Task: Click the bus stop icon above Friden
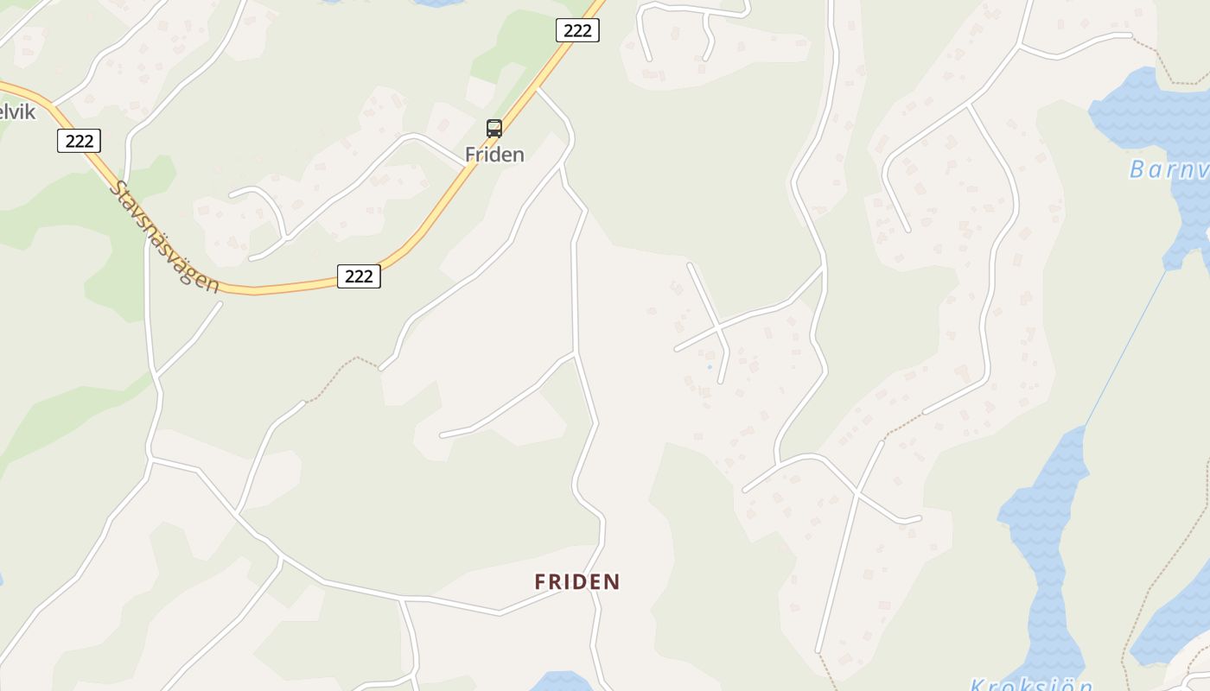pyautogui.click(x=494, y=129)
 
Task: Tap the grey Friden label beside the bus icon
pyautogui.click(x=494, y=155)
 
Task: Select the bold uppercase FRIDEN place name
pyautogui.click(x=577, y=582)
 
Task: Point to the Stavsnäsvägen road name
pyautogui.click(x=164, y=236)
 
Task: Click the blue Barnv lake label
pyautogui.click(x=1169, y=169)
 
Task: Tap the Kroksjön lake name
pyautogui.click(x=1031, y=684)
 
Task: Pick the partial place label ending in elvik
pyautogui.click(x=17, y=111)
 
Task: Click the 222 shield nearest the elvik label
pyautogui.click(x=80, y=141)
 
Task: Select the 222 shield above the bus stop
pyautogui.click(x=576, y=31)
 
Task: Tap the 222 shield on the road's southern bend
pyautogui.click(x=359, y=276)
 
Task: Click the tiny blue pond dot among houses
pyautogui.click(x=710, y=367)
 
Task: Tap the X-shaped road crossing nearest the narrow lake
pyautogui.click(x=857, y=493)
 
